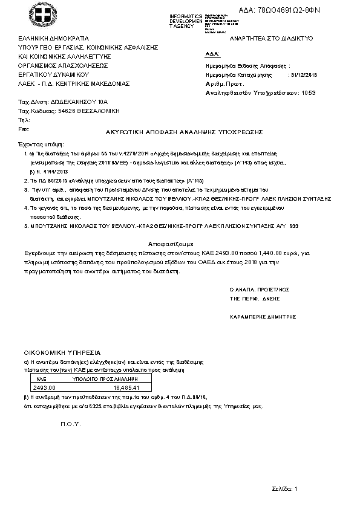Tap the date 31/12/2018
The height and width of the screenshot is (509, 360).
pyautogui.click(x=304, y=75)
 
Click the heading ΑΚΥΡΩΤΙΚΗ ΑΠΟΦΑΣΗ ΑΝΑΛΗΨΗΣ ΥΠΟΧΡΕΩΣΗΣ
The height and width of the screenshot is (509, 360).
pyautogui.click(x=180, y=131)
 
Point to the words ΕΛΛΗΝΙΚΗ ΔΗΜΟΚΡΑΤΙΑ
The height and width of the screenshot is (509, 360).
pyautogui.click(x=54, y=38)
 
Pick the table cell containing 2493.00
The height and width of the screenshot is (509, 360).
pyautogui.click(x=44, y=387)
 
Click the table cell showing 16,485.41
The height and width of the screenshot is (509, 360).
pyautogui.click(x=126, y=387)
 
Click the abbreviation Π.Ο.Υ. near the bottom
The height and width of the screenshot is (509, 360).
pyautogui.click(x=71, y=423)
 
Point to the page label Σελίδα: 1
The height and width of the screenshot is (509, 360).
pyautogui.click(x=285, y=487)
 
